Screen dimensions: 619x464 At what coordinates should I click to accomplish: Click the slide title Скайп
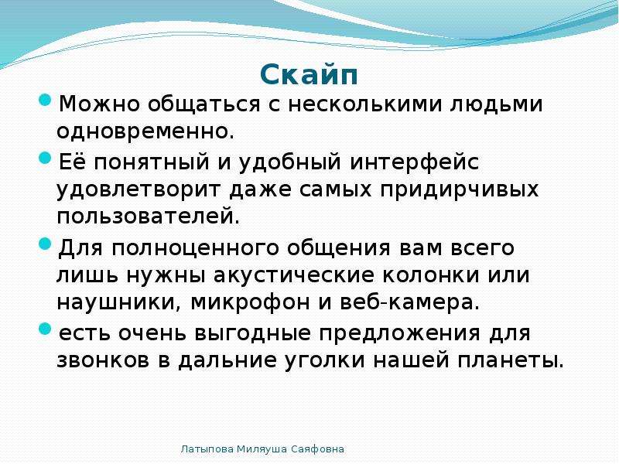coord(309,75)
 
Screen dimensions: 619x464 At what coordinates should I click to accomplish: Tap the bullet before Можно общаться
coord(46,100)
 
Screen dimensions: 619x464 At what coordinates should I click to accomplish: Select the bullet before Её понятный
coord(46,159)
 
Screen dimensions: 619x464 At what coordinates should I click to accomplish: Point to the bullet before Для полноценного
coord(46,244)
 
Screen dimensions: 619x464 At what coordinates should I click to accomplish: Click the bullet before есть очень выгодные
coord(46,329)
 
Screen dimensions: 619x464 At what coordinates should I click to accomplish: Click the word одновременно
coord(145,131)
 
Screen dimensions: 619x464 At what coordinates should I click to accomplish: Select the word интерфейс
coord(415,162)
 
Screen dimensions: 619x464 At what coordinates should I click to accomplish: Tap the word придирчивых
coord(460,190)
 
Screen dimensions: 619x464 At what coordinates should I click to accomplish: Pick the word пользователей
coord(148,217)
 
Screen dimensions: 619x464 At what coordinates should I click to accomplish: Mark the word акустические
coord(294,275)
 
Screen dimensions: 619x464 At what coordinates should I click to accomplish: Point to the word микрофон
coord(250,302)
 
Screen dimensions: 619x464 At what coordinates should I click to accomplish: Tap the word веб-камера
coord(409,302)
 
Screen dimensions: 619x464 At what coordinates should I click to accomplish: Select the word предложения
coord(399,334)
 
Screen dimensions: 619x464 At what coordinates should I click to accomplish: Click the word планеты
coord(511,360)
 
